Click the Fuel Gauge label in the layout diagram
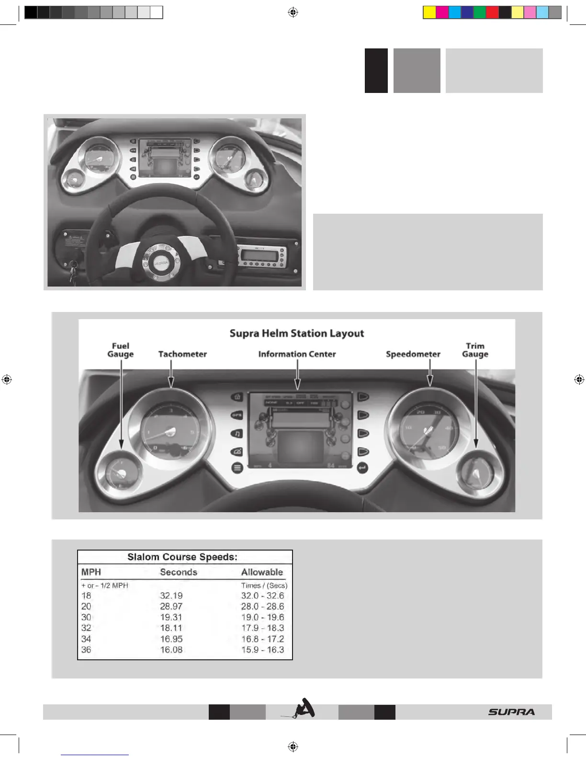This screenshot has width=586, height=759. pos(120,350)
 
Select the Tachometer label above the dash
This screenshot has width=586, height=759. pos(182,354)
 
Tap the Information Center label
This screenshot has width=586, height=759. pos(297,354)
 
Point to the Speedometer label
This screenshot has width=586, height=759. pos(413,354)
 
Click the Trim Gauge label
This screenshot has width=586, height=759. pos(475,350)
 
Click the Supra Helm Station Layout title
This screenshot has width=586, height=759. pos(297,333)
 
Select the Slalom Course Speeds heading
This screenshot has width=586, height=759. pos(182,557)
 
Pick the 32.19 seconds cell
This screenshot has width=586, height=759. pos(171,596)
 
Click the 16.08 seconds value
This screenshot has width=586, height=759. pos(171,650)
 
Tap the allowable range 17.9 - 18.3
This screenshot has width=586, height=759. pos(262,628)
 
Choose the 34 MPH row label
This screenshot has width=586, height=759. pos(86,639)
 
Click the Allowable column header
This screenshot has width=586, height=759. pos(262,572)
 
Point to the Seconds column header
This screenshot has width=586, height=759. pos(178,572)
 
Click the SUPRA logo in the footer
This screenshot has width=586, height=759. pos(511,712)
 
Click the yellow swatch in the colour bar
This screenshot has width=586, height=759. pos(429,12)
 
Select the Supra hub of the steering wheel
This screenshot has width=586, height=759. pos(161,261)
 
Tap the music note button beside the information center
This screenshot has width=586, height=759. pos(237,434)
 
